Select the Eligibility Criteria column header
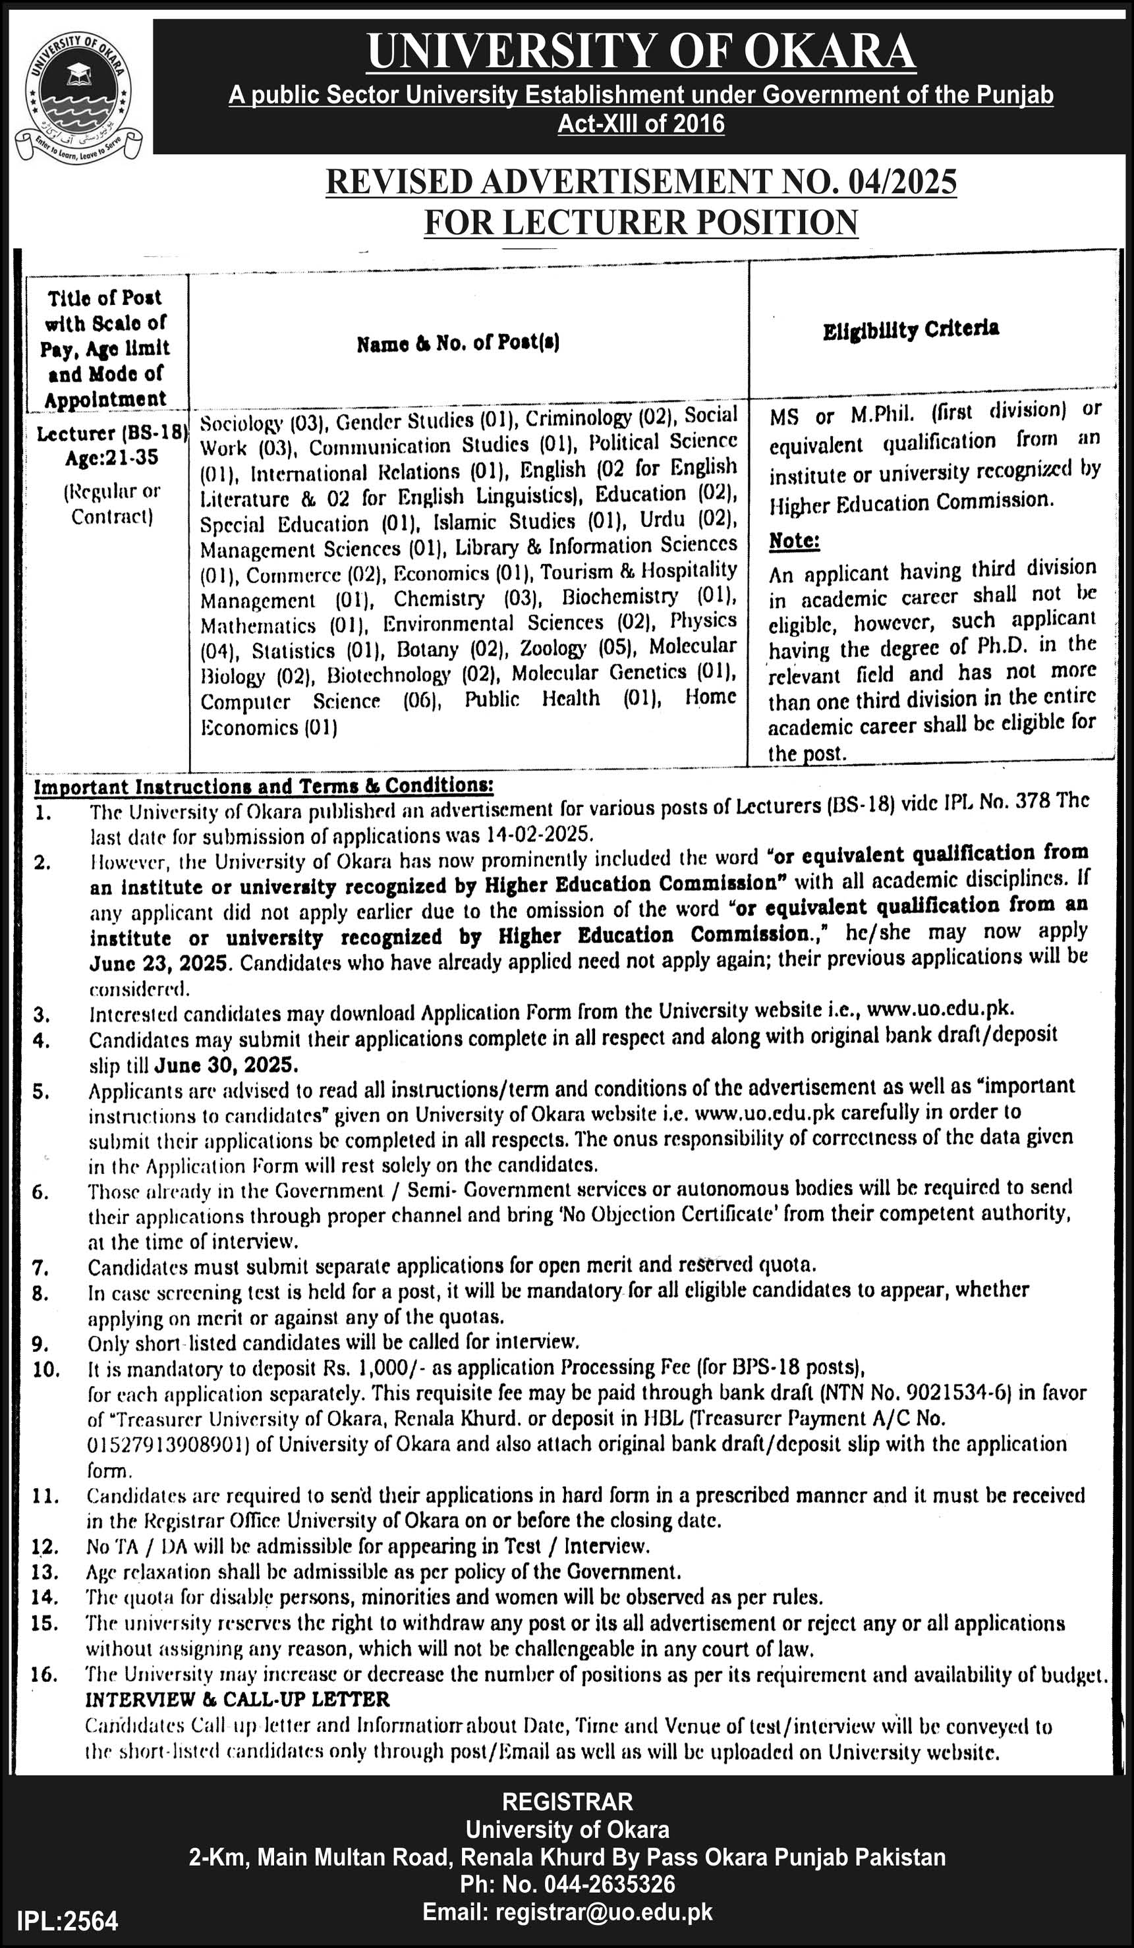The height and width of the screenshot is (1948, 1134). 911,329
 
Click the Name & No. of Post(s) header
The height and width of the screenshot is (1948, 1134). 459,343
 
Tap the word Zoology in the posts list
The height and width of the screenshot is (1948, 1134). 553,648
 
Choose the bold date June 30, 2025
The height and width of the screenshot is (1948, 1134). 226,1065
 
